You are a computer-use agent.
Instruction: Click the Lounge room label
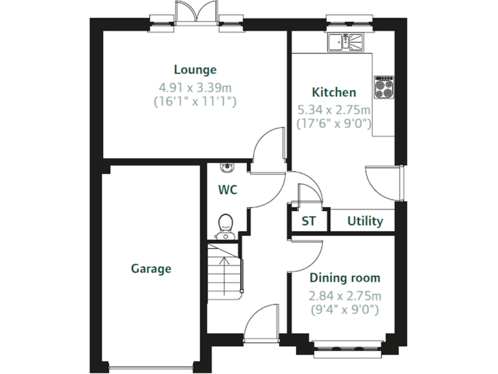click(x=195, y=69)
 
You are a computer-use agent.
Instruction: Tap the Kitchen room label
click(x=334, y=92)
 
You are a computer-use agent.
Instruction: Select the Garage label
click(x=151, y=268)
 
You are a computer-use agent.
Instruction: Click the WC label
click(x=227, y=190)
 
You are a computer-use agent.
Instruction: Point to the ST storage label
click(x=309, y=221)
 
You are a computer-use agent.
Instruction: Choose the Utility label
click(x=365, y=221)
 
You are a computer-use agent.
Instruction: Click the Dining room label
click(x=344, y=278)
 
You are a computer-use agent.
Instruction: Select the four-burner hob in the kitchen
click(x=383, y=87)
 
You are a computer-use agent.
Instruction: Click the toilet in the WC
click(x=225, y=225)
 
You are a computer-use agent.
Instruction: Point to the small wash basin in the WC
click(x=226, y=167)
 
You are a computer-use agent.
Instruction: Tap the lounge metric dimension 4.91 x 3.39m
click(x=195, y=86)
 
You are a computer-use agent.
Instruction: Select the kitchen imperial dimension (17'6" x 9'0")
click(x=333, y=123)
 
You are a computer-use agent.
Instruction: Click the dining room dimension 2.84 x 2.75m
click(x=344, y=295)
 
